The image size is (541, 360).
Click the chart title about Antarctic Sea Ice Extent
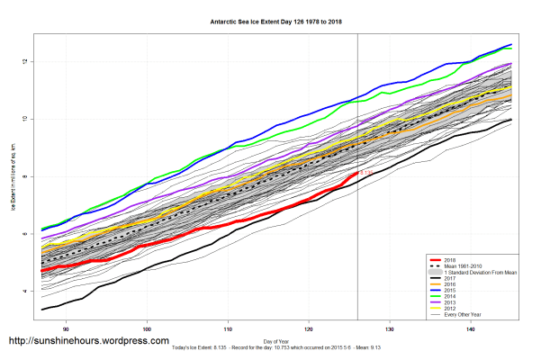[270, 19]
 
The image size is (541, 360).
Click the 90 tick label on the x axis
[66, 329]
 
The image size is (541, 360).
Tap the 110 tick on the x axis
[228, 329]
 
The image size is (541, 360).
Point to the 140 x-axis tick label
[471, 329]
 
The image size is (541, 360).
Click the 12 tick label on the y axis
[28, 61]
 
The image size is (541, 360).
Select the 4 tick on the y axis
[28, 292]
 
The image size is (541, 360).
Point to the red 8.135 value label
[367, 173]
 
